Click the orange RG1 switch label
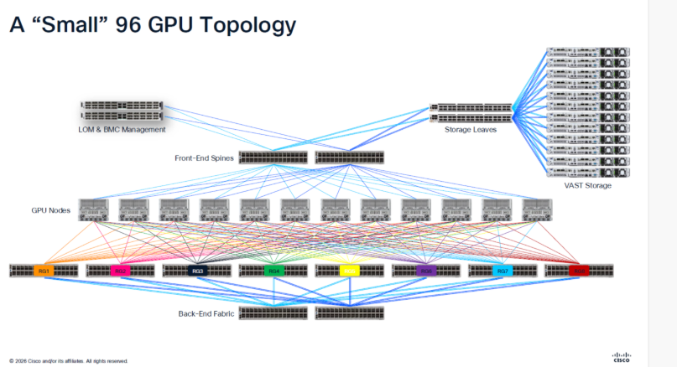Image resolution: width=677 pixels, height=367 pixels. coord(44,271)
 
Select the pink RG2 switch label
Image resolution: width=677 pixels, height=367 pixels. coord(120,271)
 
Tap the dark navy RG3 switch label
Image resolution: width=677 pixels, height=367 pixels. coord(197,271)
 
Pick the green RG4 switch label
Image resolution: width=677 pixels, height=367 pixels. coord(273,271)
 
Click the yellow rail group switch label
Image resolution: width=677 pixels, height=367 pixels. coord(350,271)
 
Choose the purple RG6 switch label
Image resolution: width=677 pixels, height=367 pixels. coord(426,271)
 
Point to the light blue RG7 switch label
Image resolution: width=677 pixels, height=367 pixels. coord(503,271)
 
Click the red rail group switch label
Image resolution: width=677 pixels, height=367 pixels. coord(579,271)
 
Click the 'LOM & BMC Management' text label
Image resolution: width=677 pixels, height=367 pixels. coord(122,130)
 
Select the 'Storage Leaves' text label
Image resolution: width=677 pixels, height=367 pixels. coord(471,130)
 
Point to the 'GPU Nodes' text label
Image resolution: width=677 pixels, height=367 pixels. coord(50,209)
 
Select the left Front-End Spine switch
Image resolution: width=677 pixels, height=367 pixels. coord(273,157)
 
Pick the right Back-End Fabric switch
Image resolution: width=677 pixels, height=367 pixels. coord(350,313)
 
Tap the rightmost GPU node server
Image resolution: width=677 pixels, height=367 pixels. coord(537,210)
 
